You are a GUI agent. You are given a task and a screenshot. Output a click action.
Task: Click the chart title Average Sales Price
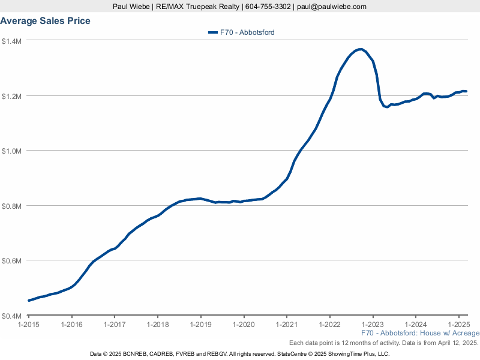pos(46,21)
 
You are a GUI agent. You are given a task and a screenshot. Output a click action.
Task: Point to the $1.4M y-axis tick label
pos(11,41)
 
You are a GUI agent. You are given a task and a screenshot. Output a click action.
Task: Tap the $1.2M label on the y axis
pos(11,97)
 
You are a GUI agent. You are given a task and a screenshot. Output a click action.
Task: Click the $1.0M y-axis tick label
pos(11,151)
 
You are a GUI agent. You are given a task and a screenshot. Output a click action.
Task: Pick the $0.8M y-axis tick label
pos(11,206)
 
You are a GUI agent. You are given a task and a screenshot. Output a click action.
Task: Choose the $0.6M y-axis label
pos(11,261)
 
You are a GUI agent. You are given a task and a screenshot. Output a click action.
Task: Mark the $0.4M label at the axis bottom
pos(11,316)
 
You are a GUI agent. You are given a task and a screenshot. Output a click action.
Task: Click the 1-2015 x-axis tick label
pos(28,325)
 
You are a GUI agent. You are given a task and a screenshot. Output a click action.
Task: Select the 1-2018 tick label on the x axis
pos(158,325)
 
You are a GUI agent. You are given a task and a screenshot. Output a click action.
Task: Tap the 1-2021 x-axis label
pos(287,325)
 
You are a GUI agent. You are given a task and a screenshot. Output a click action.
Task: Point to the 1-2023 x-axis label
pos(373,325)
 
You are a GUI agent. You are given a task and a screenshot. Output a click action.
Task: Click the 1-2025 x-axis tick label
pos(458,325)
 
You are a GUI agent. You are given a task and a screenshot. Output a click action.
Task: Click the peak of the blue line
pos(361,49)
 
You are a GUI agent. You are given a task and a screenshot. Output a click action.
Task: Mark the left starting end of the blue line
pos(29,301)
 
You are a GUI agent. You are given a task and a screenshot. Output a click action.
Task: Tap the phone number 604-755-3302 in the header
pos(268,7)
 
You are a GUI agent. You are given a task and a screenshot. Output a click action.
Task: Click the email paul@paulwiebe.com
pos(332,7)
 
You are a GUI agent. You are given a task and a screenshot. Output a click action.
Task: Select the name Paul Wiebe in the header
pos(131,7)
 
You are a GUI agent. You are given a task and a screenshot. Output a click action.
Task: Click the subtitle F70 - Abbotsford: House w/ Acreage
pos(421,333)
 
